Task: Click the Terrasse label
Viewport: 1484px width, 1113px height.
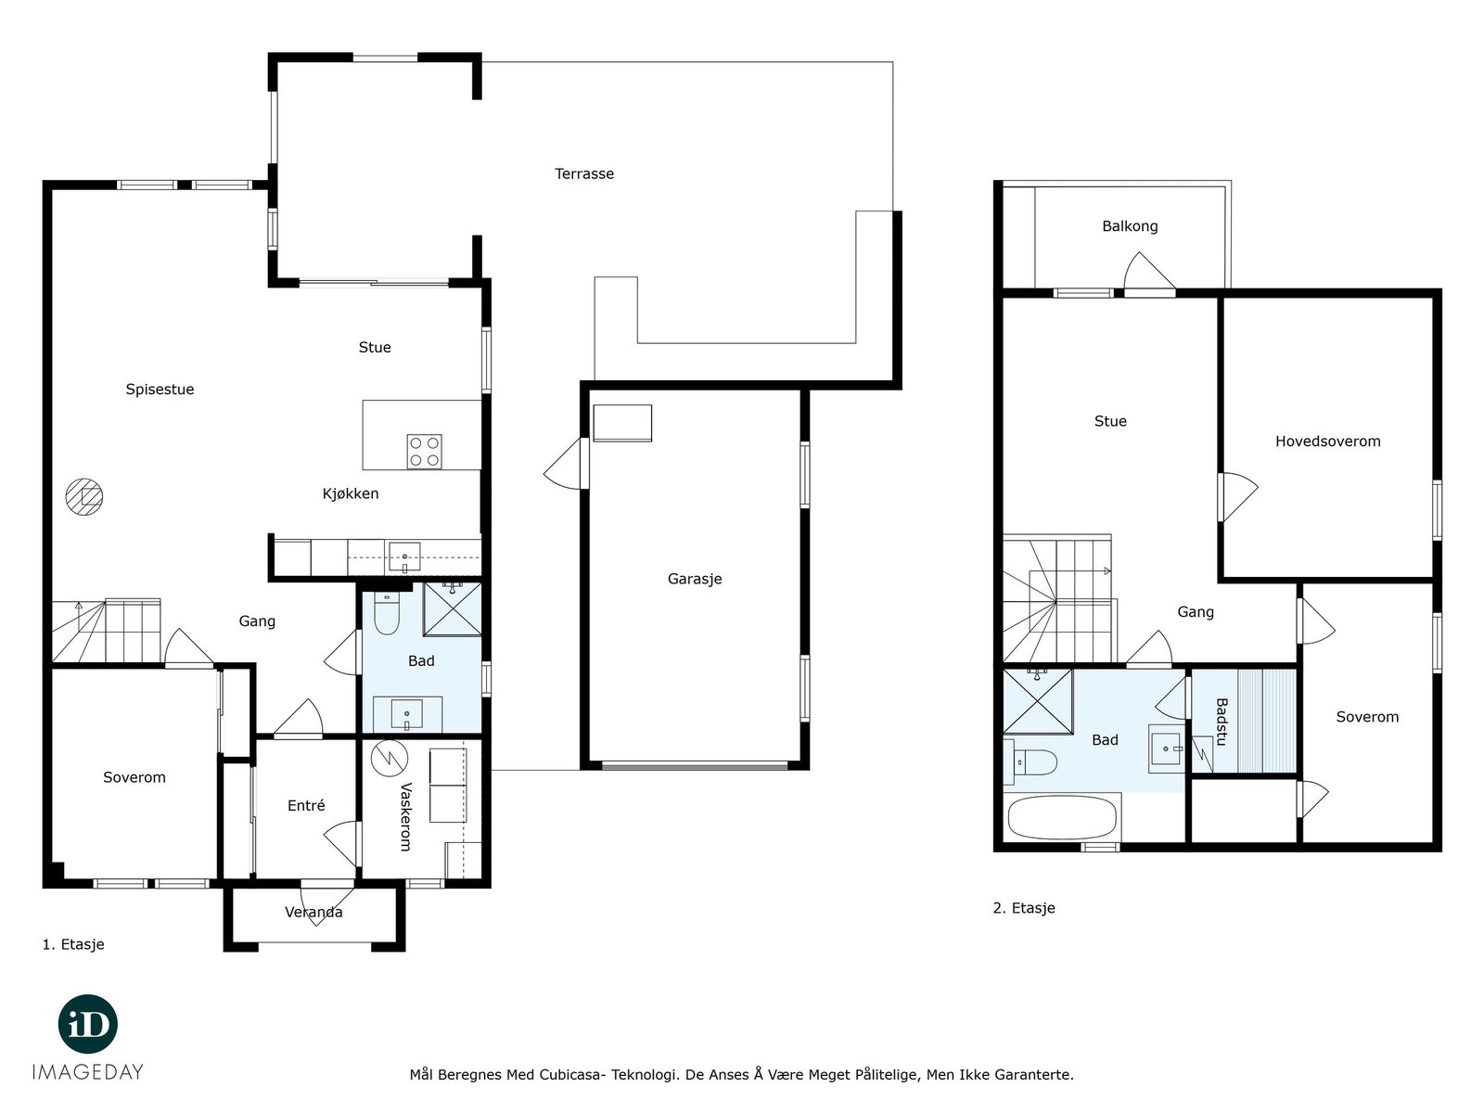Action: pyautogui.click(x=584, y=173)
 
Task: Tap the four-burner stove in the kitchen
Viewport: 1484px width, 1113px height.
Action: pyautogui.click(x=424, y=452)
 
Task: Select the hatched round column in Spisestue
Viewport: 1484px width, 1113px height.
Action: pyautogui.click(x=83, y=497)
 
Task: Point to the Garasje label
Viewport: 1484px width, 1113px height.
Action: pyautogui.click(x=695, y=579)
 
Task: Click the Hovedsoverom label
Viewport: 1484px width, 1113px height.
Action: pyautogui.click(x=1327, y=441)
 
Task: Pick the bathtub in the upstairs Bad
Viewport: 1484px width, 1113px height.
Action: pyautogui.click(x=1061, y=817)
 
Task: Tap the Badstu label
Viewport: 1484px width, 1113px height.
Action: pyautogui.click(x=1221, y=722)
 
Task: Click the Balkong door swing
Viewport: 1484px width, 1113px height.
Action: pyautogui.click(x=1149, y=272)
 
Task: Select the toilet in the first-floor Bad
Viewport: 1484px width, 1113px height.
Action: pyautogui.click(x=386, y=613)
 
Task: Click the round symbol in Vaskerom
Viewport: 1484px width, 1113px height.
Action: pyautogui.click(x=390, y=758)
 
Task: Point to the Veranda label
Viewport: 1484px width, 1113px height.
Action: pyautogui.click(x=313, y=913)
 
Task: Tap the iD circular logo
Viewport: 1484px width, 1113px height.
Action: pyautogui.click(x=88, y=1024)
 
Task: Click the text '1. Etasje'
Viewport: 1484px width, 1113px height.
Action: pyautogui.click(x=73, y=944)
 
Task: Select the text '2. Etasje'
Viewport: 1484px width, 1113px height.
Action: pyautogui.click(x=1024, y=908)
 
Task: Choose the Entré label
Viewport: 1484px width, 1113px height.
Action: pyautogui.click(x=306, y=805)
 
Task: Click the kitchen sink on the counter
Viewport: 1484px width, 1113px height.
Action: pyautogui.click(x=404, y=557)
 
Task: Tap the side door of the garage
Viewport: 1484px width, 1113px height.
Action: pyautogui.click(x=565, y=463)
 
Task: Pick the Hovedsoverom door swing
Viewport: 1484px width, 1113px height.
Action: pyautogui.click(x=1238, y=497)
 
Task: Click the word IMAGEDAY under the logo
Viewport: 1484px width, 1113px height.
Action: pyautogui.click(x=88, y=1072)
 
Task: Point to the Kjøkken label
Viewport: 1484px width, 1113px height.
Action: pyautogui.click(x=351, y=494)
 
